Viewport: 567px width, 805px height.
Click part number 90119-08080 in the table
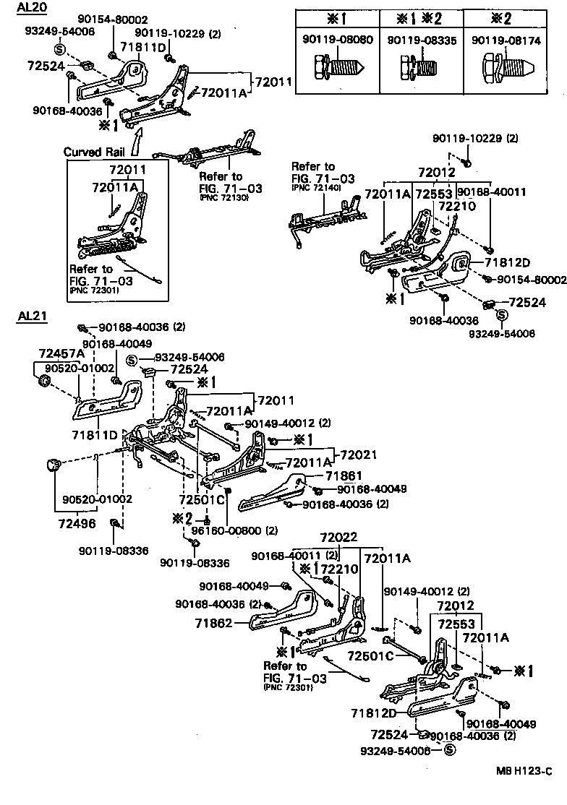(337, 40)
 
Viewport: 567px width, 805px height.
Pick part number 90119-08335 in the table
(422, 40)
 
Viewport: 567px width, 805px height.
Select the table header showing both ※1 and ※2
(422, 17)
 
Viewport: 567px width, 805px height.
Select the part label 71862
(214, 621)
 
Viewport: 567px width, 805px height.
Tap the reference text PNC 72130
(221, 197)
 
